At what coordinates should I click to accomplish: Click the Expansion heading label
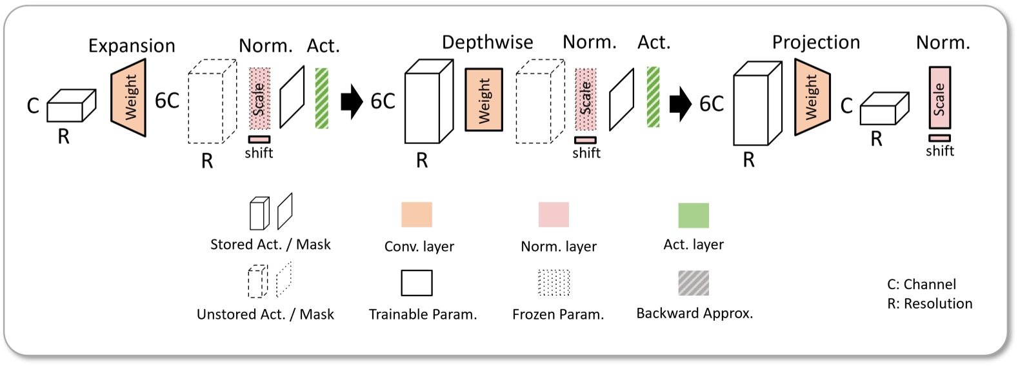132,46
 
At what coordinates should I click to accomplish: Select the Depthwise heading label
487,43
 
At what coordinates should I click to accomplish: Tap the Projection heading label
815,43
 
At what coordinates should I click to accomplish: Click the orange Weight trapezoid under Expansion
129,97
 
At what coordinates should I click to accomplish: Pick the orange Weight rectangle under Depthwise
483,100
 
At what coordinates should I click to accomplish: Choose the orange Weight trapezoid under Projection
812,97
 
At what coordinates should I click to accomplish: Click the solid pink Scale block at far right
939,98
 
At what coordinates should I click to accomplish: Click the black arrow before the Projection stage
680,103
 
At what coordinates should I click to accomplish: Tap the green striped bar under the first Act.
321,99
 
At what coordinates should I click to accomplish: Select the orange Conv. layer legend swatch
417,214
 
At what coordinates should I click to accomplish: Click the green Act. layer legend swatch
694,215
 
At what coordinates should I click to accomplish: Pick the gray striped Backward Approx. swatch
694,283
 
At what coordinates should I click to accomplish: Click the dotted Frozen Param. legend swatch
554,283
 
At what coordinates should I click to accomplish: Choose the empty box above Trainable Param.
417,283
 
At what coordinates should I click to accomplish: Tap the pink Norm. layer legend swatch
554,214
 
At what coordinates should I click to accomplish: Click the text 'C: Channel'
921,285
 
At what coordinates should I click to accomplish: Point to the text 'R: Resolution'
930,304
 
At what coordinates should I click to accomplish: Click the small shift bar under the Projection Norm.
939,138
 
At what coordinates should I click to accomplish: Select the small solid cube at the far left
70,106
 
